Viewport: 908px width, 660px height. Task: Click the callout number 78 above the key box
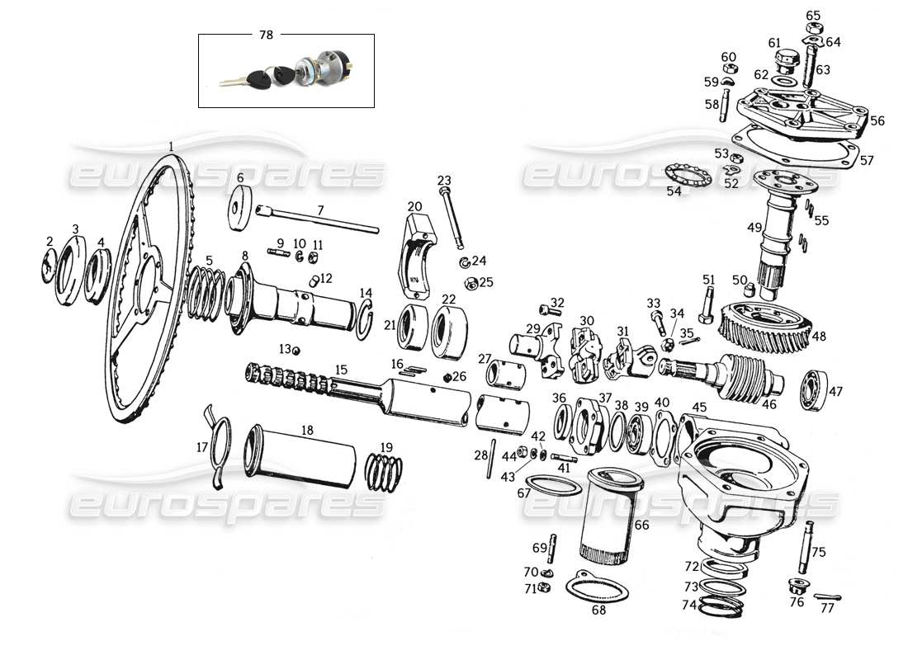[x=266, y=35]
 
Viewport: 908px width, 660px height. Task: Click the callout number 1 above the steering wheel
[x=171, y=146]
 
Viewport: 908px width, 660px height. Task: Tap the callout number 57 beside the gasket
[x=866, y=161]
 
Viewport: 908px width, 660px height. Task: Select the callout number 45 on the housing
[x=699, y=407]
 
